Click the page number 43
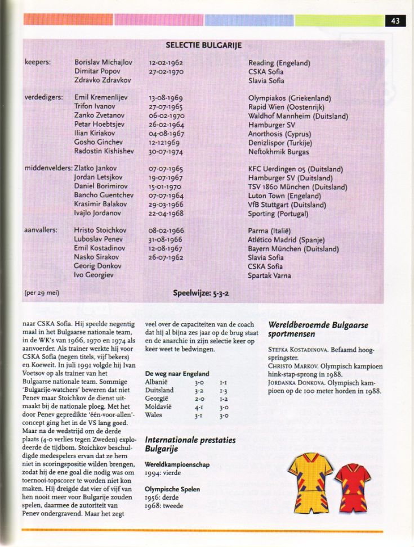click(395, 21)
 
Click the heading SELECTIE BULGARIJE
click(203, 45)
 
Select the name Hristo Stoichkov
click(100, 230)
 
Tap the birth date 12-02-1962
click(166, 63)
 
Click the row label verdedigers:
click(43, 98)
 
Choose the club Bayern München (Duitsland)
click(293, 248)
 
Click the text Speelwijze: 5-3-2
click(201, 293)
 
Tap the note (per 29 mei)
click(42, 293)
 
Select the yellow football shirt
click(311, 478)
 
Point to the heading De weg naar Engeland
click(177, 373)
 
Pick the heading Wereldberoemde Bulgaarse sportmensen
click(318, 330)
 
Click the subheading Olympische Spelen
click(172, 489)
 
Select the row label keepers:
click(38, 63)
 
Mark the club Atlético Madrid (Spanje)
click(286, 239)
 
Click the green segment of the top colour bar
click(339, 20)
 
